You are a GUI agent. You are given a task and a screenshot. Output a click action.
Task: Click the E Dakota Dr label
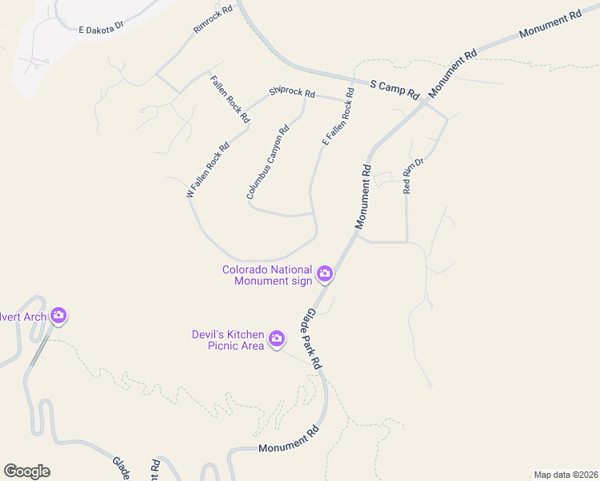click(x=100, y=27)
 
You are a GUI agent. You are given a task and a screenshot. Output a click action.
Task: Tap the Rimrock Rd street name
click(x=213, y=19)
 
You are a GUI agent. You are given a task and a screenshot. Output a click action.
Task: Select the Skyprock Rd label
click(x=292, y=92)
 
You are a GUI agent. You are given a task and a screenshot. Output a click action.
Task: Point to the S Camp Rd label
click(x=395, y=89)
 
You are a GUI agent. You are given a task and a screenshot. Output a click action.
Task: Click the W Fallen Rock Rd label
click(x=208, y=170)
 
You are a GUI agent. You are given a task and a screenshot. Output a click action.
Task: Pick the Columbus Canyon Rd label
click(x=267, y=163)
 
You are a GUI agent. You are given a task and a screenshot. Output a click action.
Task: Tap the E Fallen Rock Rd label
click(x=339, y=117)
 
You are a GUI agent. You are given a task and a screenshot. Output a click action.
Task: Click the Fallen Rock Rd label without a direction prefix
click(x=229, y=99)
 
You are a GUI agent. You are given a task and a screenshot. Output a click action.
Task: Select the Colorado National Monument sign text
click(x=267, y=275)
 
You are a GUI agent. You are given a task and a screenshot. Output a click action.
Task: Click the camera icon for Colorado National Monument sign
click(x=325, y=274)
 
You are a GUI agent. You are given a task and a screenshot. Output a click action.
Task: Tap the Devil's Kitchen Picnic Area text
click(x=228, y=340)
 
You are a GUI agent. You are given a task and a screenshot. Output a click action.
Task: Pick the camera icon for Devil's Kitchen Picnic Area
click(x=277, y=339)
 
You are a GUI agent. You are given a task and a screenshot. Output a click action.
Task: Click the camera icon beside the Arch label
click(x=58, y=316)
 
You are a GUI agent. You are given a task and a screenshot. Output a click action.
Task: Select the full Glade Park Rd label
click(x=313, y=340)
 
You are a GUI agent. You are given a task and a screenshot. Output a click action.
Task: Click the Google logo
click(x=26, y=471)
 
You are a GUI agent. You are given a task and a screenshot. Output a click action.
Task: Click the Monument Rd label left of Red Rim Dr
click(x=362, y=195)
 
